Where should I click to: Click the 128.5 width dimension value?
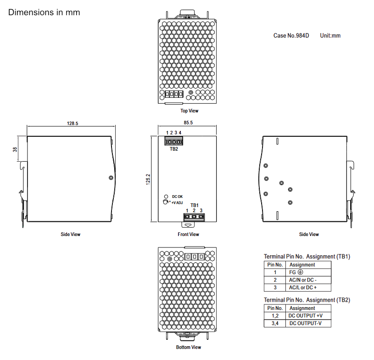[73, 124]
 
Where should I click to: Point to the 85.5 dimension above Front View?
[188, 123]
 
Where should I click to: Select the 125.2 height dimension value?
[148, 179]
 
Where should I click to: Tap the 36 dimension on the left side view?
[15, 149]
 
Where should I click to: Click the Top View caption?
[190, 111]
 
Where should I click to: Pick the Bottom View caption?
[189, 347]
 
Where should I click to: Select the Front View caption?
[188, 235]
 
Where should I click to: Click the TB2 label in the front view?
[174, 149]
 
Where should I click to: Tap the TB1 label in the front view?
[195, 205]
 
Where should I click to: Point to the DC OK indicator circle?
[166, 197]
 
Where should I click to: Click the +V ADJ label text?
[177, 202]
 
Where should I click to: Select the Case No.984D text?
[291, 35]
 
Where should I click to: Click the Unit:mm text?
[330, 35]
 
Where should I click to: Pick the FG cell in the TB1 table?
[308, 272]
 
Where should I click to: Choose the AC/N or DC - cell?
[308, 280]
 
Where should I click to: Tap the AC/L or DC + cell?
[308, 287]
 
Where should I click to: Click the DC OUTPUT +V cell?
[308, 316]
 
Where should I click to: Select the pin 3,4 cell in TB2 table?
[275, 323]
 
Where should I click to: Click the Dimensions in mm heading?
[44, 12]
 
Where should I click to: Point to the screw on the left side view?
[111, 178]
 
